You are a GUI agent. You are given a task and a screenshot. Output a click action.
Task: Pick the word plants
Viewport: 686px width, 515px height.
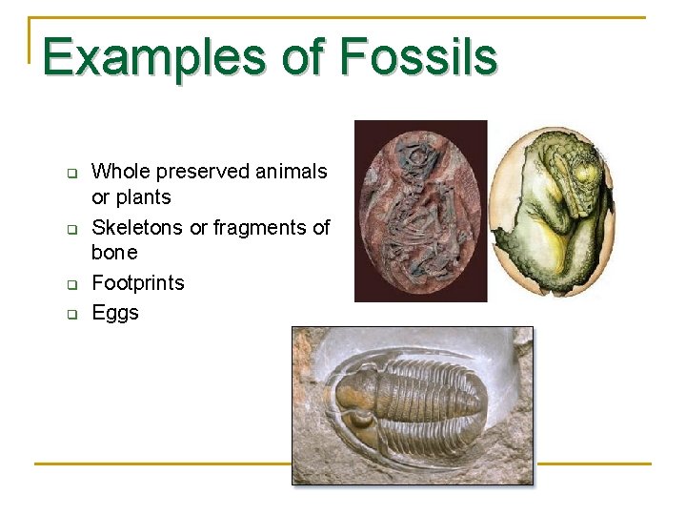click(145, 197)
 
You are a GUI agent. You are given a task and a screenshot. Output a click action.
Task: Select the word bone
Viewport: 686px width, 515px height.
click(114, 253)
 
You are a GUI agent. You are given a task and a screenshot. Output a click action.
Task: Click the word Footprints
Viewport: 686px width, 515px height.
click(138, 283)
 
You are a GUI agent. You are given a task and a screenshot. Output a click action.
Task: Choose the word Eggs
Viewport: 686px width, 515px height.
click(115, 313)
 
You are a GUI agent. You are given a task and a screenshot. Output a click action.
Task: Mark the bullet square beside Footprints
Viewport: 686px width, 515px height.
click(71, 284)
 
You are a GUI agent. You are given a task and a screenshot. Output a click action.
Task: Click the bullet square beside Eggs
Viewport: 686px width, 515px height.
click(71, 314)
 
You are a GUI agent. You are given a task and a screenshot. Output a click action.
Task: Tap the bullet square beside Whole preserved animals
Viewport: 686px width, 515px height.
click(71, 174)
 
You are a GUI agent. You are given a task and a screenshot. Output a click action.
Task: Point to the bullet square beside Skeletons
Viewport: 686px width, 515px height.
click(71, 229)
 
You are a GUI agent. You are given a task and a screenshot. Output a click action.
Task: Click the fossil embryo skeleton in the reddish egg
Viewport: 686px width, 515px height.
click(421, 210)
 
